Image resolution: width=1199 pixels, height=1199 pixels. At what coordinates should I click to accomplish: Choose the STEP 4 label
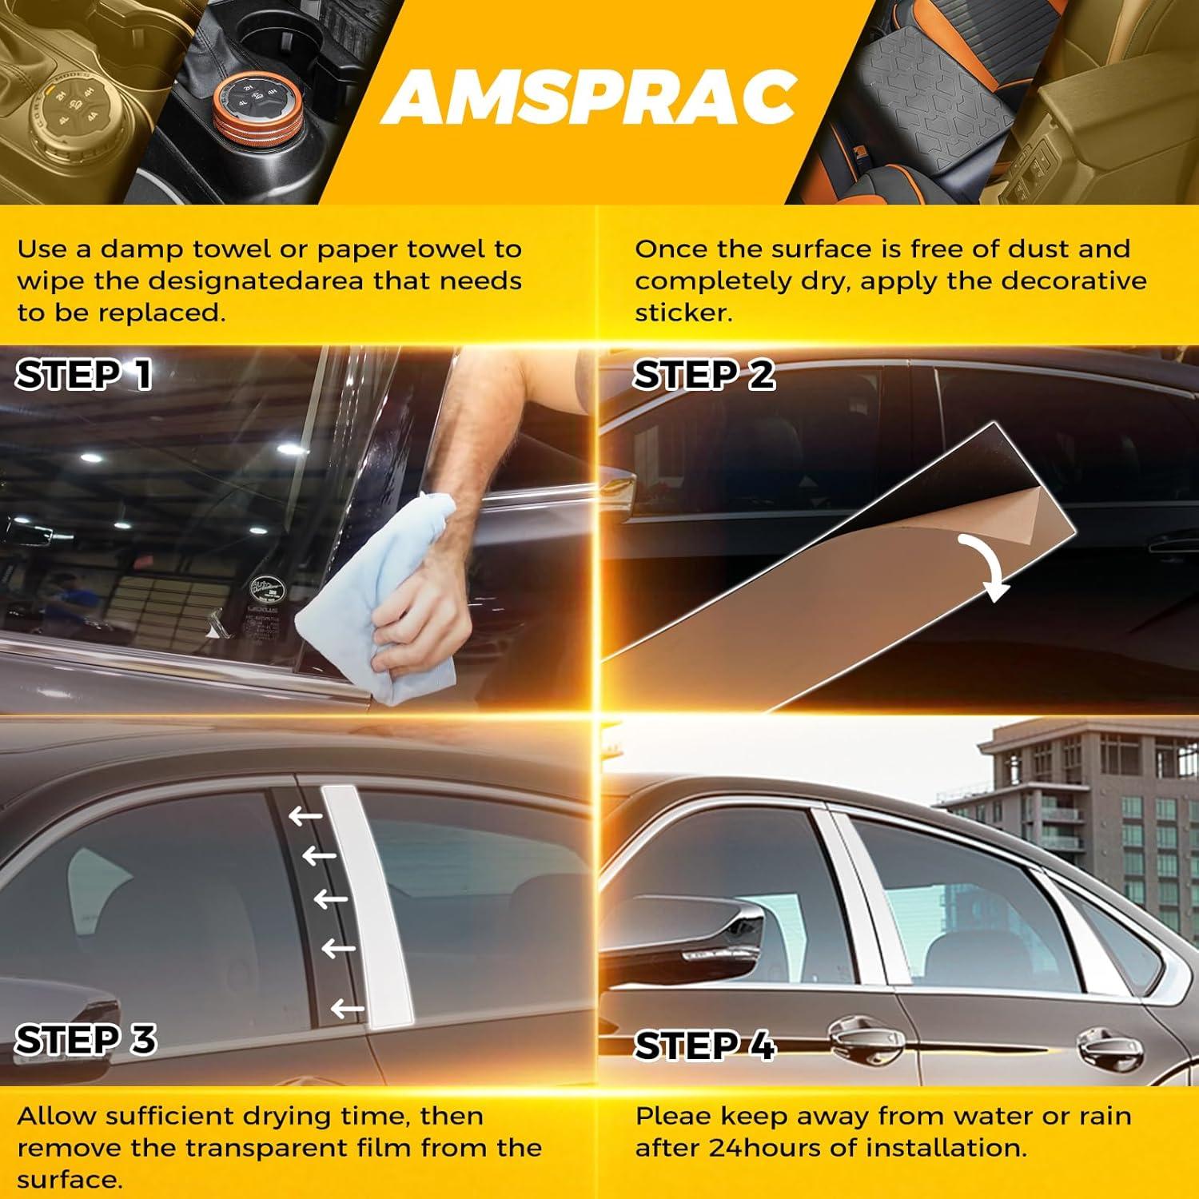pyautogui.click(x=704, y=1046)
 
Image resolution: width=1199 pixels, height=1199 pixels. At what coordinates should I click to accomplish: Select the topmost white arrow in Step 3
pyautogui.click(x=305, y=816)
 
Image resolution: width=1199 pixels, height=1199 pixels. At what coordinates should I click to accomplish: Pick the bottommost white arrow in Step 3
pyautogui.click(x=348, y=1009)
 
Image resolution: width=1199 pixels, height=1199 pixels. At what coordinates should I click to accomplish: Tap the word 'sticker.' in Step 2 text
pyautogui.click(x=683, y=313)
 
